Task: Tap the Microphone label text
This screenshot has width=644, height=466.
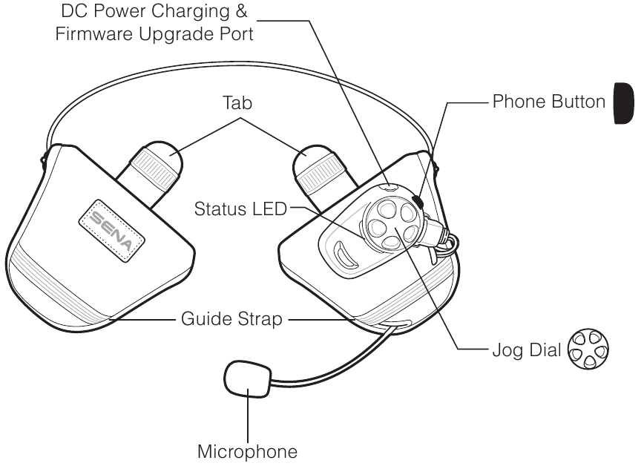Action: point(249,450)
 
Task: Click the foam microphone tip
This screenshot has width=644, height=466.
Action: point(246,378)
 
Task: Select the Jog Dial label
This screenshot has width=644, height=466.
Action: point(527,349)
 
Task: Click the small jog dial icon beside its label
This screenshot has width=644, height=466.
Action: point(588,348)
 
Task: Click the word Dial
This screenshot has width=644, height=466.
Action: point(544,349)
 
